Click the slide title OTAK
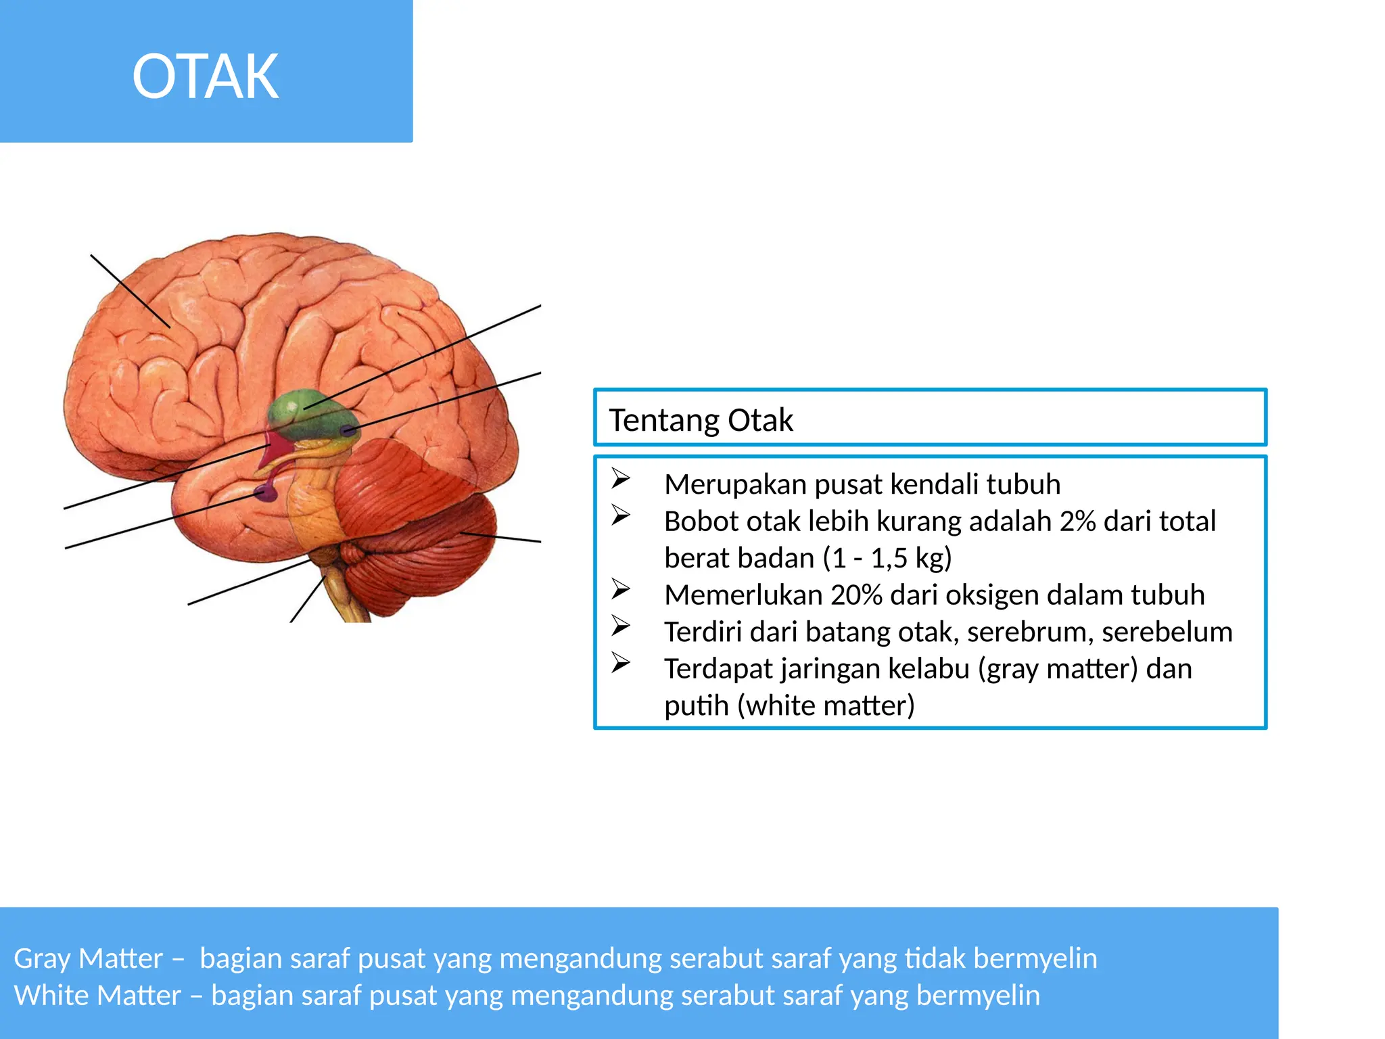coord(206,76)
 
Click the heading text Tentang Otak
coord(701,420)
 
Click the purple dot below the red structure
coord(265,492)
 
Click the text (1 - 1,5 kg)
coord(887,558)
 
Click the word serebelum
coord(1167,632)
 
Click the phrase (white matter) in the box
coord(826,706)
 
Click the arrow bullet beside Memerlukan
coord(621,588)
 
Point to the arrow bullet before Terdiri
coord(621,625)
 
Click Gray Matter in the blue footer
coord(89,959)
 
